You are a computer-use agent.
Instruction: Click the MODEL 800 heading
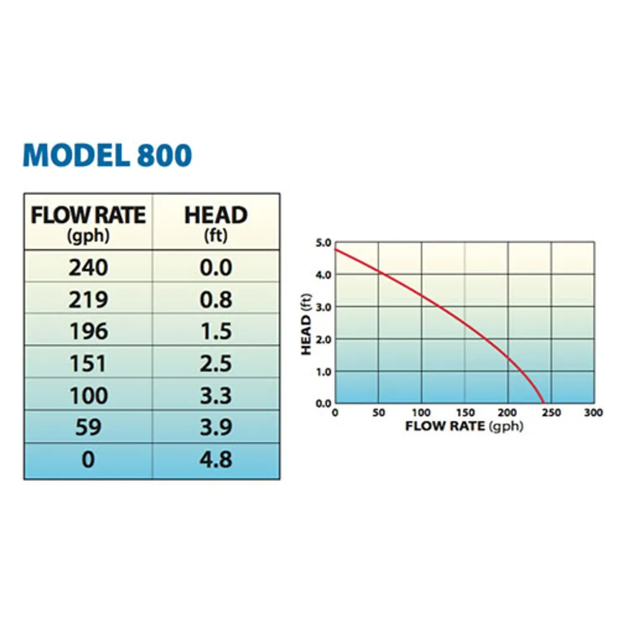tap(107, 155)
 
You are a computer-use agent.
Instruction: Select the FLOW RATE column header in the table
tap(88, 223)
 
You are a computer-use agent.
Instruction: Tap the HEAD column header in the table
tap(216, 223)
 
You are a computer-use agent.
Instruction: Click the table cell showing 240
tap(88, 267)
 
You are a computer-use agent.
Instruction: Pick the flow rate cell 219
tap(88, 300)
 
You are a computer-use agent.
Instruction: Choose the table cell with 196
tap(89, 331)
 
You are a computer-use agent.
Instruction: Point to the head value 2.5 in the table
tap(216, 363)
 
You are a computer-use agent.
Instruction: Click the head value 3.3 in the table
tap(216, 395)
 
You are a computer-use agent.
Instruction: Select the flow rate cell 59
tap(88, 427)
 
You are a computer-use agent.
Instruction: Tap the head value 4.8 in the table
tap(216, 459)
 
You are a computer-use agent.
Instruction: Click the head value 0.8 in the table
tap(216, 300)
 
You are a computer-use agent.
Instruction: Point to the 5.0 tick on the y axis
tap(323, 243)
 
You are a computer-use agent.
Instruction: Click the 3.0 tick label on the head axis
tap(323, 308)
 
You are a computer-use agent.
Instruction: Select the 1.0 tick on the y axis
tap(323, 372)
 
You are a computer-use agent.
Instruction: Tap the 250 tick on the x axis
tap(552, 413)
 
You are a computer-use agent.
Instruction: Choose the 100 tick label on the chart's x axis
tap(421, 413)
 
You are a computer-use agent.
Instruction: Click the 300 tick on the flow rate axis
tap(594, 413)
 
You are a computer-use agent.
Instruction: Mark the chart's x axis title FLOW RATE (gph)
tap(464, 426)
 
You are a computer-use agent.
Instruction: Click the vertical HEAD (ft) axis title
tap(306, 324)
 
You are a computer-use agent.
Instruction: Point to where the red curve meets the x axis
tap(543, 403)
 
